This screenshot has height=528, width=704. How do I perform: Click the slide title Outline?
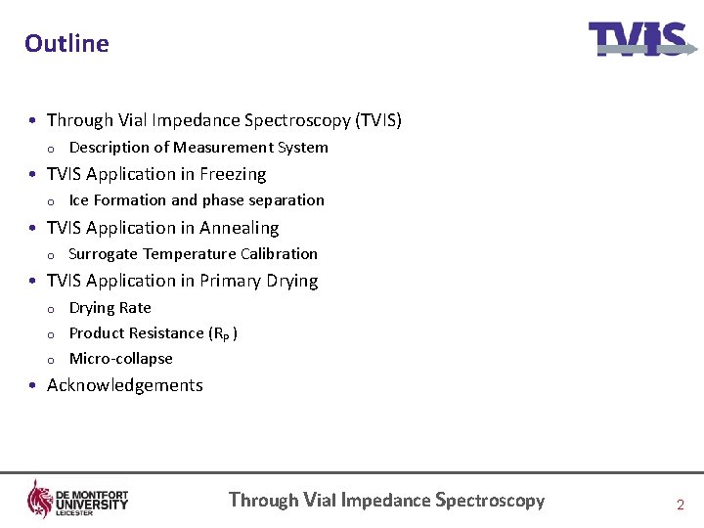click(66, 43)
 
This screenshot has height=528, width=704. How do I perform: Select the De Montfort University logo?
click(77, 499)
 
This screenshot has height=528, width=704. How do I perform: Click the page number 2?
click(681, 505)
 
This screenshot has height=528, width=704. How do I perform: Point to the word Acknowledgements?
click(125, 385)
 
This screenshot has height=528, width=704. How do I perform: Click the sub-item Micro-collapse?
click(121, 359)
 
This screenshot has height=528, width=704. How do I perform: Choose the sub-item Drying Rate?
click(110, 308)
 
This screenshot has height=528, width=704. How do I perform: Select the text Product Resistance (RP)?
click(153, 333)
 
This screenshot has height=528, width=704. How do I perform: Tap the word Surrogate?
click(103, 254)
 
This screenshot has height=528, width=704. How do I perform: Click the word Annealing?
click(240, 228)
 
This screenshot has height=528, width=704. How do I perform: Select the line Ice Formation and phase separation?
click(197, 200)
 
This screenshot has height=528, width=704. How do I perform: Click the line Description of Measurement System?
click(198, 148)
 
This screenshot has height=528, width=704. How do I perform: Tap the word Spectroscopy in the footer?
click(490, 500)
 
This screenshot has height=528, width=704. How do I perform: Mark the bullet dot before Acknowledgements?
click(34, 385)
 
